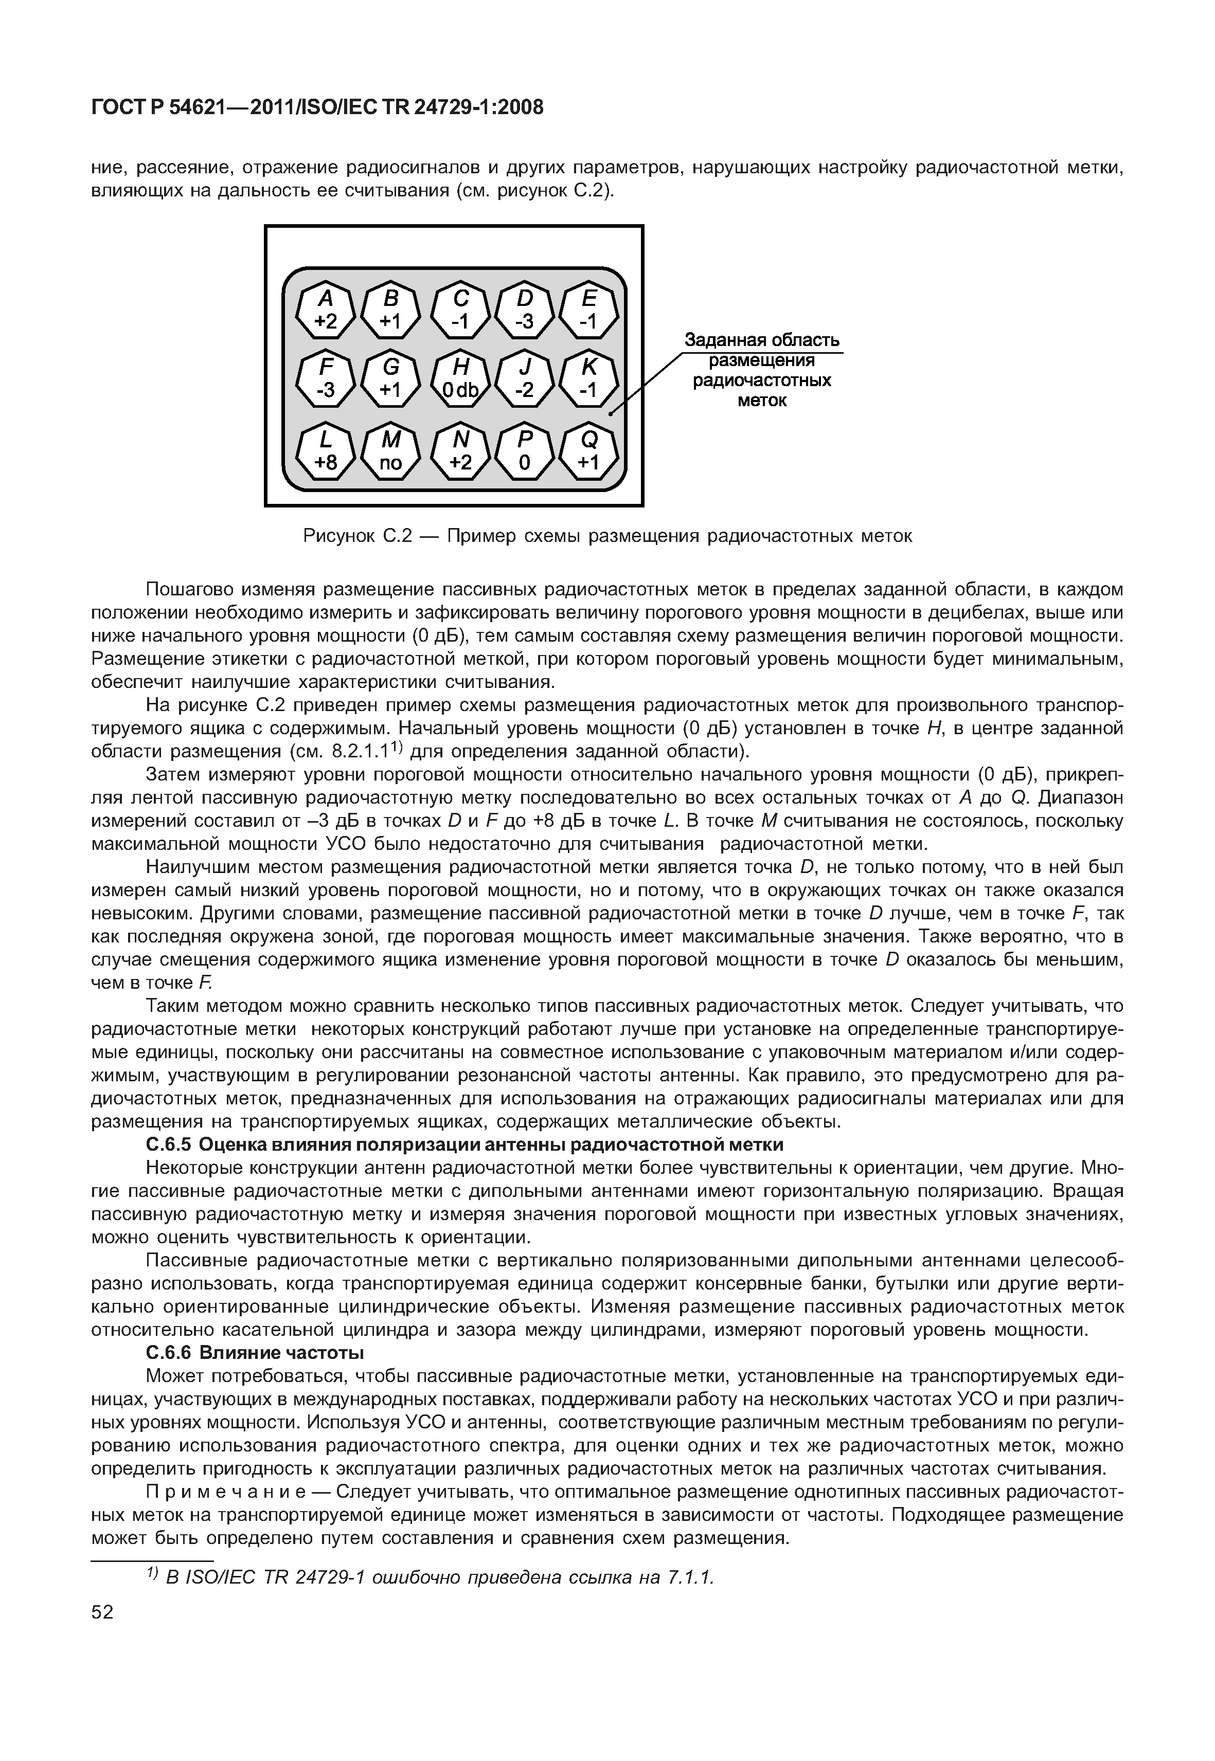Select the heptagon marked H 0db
[460, 379]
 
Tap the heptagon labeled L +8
[326, 451]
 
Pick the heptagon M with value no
[390, 451]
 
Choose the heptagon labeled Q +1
[589, 451]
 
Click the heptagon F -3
[326, 379]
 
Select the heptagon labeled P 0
[525, 451]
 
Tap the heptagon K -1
[589, 379]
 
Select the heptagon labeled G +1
[390, 379]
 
